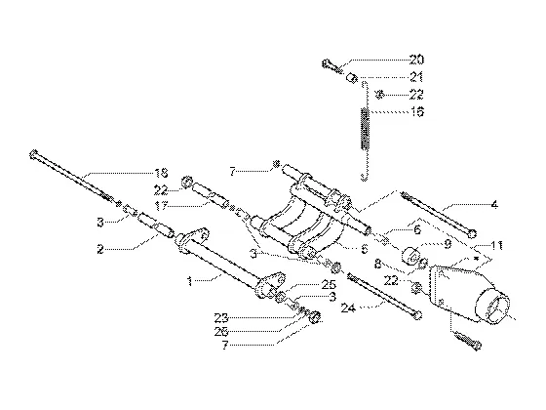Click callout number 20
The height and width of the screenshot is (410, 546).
click(x=416, y=60)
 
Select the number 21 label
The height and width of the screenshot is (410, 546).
click(x=416, y=77)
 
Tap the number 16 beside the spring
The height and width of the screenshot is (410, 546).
click(x=417, y=112)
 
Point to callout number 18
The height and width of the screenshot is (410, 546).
click(x=161, y=172)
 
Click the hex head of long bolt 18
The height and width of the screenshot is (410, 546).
click(x=33, y=154)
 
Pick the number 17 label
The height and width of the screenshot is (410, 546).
click(x=161, y=206)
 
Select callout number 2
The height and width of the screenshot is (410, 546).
click(x=100, y=249)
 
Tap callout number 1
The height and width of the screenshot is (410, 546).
click(x=190, y=281)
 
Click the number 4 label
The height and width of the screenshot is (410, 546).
click(x=494, y=204)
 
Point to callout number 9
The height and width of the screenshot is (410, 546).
click(x=448, y=244)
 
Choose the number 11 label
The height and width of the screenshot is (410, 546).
click(x=496, y=245)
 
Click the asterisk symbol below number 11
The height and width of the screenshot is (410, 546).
click(x=478, y=259)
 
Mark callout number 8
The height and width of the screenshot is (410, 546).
click(x=378, y=264)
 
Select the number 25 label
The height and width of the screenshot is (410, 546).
click(x=329, y=284)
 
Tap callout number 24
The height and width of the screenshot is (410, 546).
click(x=348, y=308)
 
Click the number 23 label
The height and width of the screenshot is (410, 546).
click(x=221, y=317)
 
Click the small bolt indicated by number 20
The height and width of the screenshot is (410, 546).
click(x=332, y=66)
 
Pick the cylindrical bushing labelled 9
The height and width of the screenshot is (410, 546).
click(x=410, y=256)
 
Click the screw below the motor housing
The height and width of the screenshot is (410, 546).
click(x=467, y=341)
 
